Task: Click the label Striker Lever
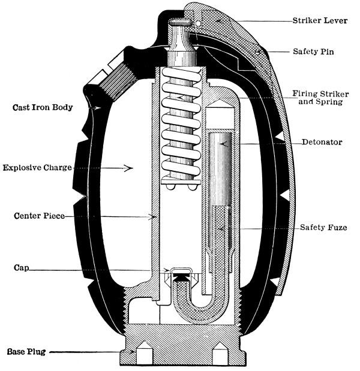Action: click(326, 20)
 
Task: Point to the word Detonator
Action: click(323, 142)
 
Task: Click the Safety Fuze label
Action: click(325, 228)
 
